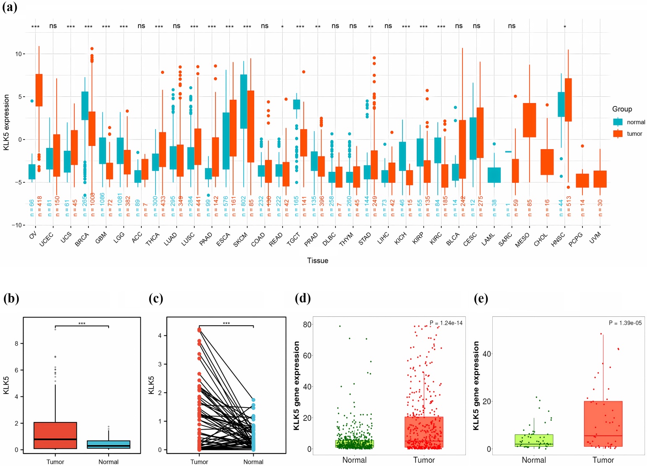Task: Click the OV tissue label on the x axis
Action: point(33,236)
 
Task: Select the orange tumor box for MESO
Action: point(529,120)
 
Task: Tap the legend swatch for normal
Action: point(618,122)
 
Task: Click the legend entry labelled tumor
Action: point(634,134)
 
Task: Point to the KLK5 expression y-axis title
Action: point(6,122)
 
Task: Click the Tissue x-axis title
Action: point(317,261)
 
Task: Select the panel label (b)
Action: point(11,298)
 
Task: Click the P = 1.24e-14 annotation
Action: point(446,323)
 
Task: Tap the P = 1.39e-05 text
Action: point(625,323)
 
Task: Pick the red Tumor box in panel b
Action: point(55,435)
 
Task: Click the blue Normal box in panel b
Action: point(109,445)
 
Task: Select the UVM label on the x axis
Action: point(595,237)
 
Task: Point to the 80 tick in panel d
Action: point(307,324)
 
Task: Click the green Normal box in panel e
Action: point(534,440)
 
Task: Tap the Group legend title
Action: point(622,109)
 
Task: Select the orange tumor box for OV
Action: point(39,90)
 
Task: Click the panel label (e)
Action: point(481,298)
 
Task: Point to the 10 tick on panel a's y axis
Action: point(18,54)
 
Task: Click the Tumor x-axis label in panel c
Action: point(199,462)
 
